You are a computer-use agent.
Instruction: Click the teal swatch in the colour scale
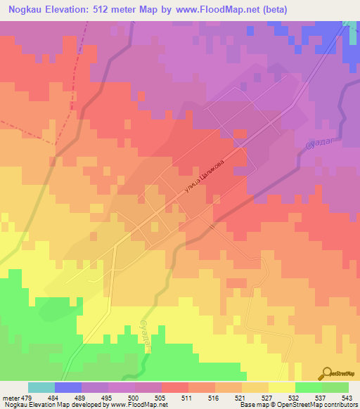tap(41, 388)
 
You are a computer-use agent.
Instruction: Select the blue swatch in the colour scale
tap(67, 388)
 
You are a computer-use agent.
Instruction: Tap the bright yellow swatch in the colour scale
tap(281, 388)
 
